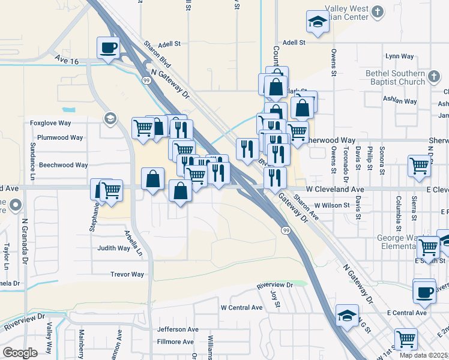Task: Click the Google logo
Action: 20,353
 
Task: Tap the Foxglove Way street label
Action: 51,123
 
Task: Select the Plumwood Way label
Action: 60,137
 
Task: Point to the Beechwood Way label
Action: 64,165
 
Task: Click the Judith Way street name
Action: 114,248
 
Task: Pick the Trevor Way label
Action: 127,274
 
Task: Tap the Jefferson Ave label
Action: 178,329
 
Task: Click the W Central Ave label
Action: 242,307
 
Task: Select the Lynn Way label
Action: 400,56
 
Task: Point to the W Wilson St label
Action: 328,205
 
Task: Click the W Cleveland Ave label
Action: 334,190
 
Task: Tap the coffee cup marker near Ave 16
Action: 109,47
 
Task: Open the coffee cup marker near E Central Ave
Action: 424,292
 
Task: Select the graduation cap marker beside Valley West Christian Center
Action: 317,22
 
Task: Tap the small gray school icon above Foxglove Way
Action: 109,118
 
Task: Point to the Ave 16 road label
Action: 66,61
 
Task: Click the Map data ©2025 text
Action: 424,355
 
